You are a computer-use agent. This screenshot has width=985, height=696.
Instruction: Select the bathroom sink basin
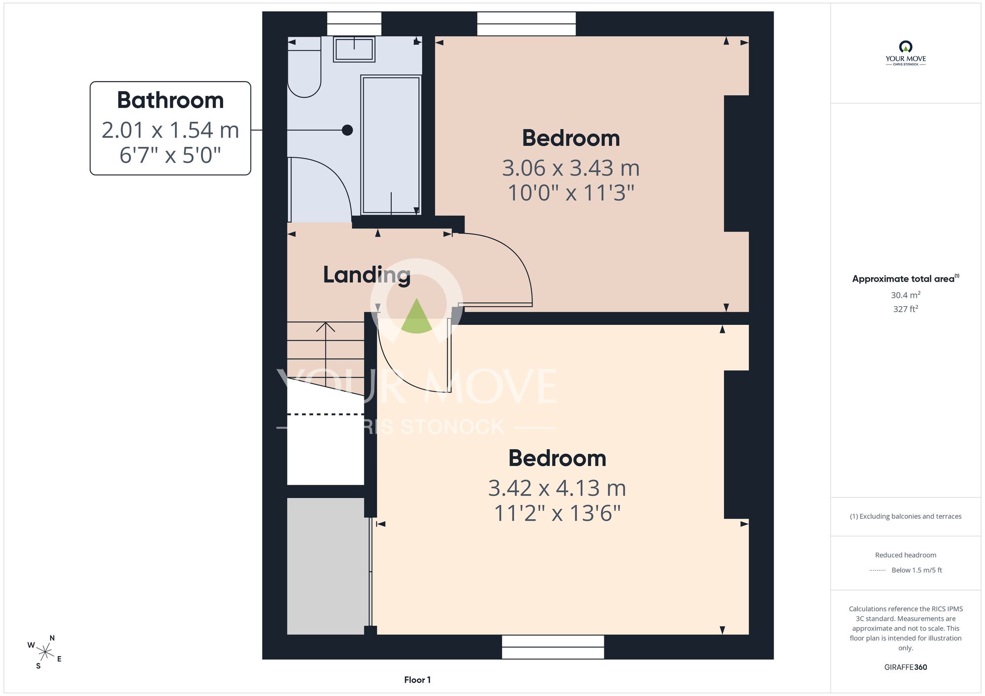[x=354, y=49]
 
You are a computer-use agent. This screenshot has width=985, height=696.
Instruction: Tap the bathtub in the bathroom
[x=391, y=145]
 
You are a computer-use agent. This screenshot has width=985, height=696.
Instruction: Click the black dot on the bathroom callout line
[x=347, y=130]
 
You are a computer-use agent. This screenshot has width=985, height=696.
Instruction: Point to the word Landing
[x=367, y=275]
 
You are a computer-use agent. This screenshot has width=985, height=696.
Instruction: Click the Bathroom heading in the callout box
[x=170, y=100]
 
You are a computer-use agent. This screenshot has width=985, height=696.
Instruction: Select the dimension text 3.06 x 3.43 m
[x=571, y=168]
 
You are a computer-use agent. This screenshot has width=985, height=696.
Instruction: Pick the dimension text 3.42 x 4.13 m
[x=557, y=488]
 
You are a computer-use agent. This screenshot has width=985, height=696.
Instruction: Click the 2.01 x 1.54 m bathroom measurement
[x=170, y=130]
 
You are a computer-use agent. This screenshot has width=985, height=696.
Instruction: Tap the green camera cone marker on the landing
[x=417, y=317]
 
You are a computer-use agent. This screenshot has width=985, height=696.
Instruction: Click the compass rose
[x=45, y=652]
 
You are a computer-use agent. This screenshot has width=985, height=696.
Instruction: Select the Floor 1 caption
[x=417, y=680]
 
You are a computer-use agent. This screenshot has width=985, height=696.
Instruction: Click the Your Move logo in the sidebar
[x=906, y=53]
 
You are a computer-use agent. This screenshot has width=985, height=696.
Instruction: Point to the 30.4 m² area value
[x=906, y=295]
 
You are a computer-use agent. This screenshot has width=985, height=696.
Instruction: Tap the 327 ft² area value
[x=906, y=309]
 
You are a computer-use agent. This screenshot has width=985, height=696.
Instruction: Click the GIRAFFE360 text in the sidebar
[x=906, y=667]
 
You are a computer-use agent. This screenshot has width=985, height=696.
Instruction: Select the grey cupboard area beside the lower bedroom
[x=328, y=566]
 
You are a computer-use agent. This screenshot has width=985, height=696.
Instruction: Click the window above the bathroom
[x=354, y=24]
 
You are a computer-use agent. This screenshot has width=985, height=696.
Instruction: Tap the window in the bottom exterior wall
[x=553, y=647]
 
